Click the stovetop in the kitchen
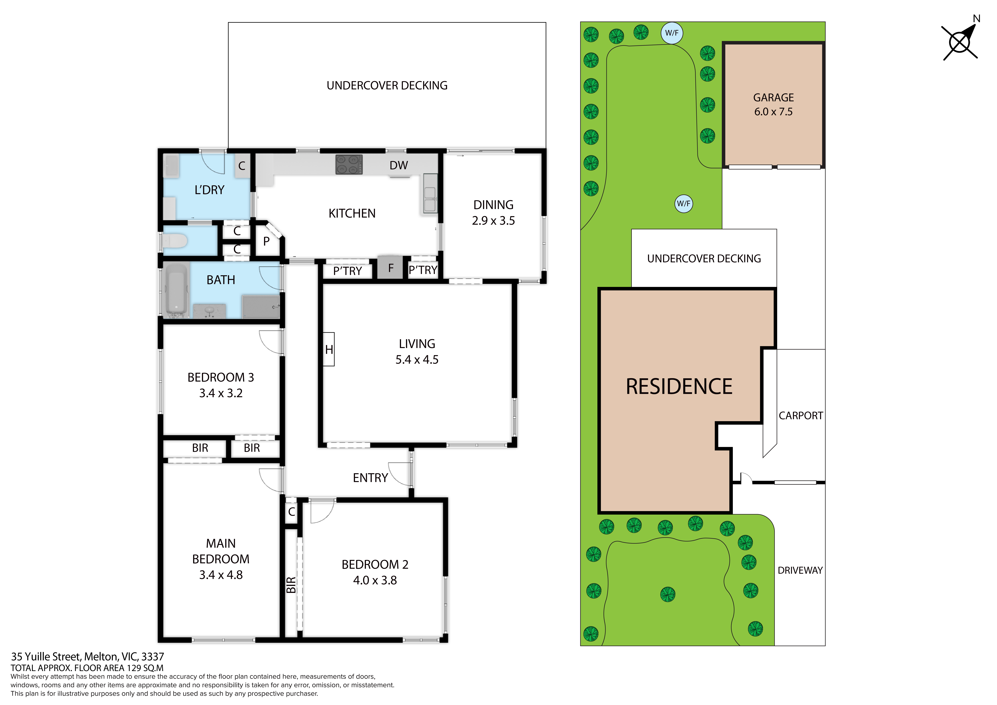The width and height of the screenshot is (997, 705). (349, 165)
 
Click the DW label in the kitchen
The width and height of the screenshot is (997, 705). (399, 165)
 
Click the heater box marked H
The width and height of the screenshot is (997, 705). (329, 349)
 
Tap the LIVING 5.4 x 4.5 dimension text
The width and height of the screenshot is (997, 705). (417, 360)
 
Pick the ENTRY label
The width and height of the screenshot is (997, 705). (370, 478)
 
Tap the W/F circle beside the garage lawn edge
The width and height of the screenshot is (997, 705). (684, 203)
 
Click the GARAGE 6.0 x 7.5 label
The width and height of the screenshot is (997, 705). (773, 105)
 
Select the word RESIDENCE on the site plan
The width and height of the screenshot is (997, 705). (679, 387)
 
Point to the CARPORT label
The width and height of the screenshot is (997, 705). (801, 416)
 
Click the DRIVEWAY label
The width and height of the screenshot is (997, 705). (800, 570)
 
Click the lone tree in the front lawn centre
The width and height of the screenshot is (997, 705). (668, 594)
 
